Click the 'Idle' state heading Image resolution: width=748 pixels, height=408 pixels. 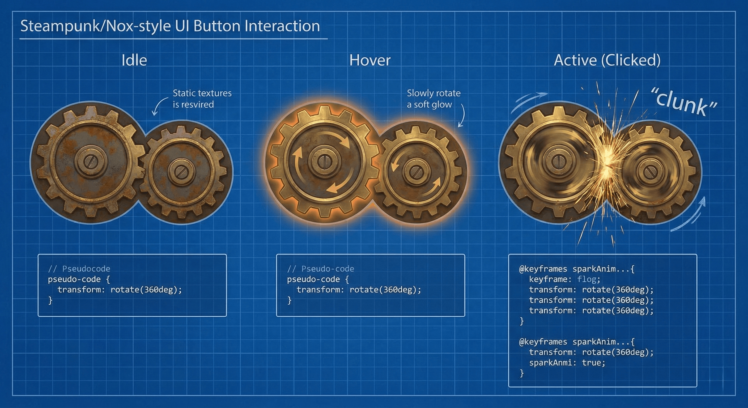(134, 60)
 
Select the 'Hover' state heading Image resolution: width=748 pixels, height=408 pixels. (370, 60)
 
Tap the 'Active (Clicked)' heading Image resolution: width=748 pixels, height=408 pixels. (607, 60)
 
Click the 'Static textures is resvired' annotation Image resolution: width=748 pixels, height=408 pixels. (202, 99)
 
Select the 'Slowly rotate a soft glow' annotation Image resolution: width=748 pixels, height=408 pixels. (433, 99)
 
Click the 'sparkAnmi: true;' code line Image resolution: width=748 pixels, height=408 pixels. (567, 363)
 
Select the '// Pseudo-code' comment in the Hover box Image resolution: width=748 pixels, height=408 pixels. (321, 269)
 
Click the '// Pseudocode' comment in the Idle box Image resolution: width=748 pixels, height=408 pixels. (79, 269)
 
